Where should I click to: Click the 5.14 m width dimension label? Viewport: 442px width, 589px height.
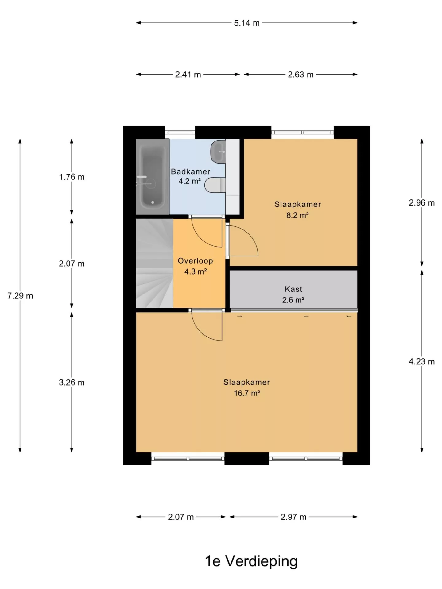tap(247, 23)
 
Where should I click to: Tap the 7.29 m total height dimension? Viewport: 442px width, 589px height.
tap(20, 296)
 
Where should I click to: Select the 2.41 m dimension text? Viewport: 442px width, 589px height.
tap(188, 75)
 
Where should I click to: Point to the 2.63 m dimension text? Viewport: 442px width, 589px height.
tap(300, 75)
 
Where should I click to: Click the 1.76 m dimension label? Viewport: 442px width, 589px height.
tap(72, 177)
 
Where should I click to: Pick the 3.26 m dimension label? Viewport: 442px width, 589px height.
tap(72, 383)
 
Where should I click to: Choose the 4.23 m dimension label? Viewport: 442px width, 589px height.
tap(422, 362)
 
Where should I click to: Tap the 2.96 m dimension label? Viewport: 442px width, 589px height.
tap(422, 203)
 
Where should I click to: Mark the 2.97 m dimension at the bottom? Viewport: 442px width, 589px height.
tap(293, 517)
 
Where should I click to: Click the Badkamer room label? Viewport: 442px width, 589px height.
tap(191, 171)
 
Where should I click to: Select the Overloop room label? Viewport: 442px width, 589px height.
tap(196, 261)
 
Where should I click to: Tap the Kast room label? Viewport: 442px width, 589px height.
tap(294, 289)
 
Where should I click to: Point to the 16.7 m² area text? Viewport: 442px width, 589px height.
tap(247, 393)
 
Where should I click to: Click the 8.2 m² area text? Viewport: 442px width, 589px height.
tap(297, 215)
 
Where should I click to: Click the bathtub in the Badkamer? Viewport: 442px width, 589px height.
tap(153, 177)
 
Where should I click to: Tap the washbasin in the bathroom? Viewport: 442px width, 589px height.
tap(218, 151)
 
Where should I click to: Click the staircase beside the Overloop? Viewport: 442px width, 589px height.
tap(154, 263)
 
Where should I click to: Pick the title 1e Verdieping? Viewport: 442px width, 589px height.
tap(251, 561)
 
